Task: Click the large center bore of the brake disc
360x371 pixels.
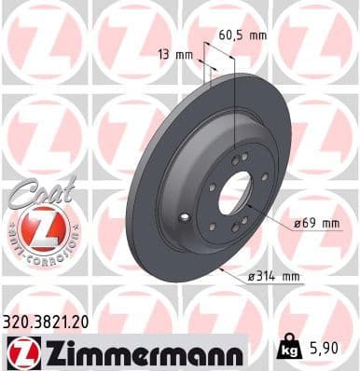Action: (x=237, y=191)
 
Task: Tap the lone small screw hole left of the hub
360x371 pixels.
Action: (x=188, y=218)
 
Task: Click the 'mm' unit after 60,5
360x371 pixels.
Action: (x=256, y=36)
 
